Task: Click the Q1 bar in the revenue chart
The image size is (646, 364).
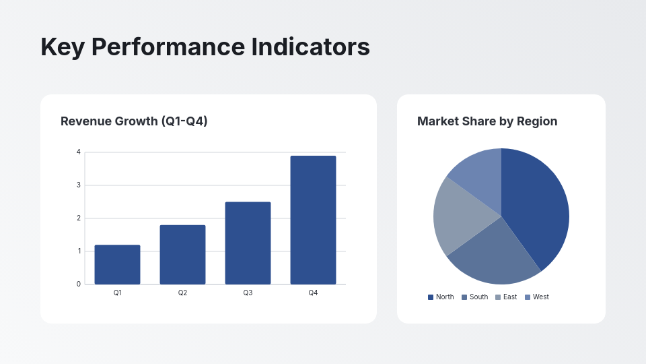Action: point(117,264)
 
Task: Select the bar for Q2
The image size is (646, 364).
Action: point(182,254)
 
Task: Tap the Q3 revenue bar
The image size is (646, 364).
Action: point(248,243)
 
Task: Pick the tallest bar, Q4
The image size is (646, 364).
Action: point(313,220)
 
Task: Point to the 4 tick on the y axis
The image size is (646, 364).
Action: point(79,152)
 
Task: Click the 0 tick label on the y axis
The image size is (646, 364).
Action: point(79,284)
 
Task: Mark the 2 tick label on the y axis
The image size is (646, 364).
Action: point(79,218)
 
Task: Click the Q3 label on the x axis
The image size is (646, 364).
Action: point(248,293)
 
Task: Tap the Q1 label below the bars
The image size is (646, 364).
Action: point(117,293)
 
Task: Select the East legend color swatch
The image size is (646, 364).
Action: point(498,297)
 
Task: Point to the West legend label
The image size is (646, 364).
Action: point(541,297)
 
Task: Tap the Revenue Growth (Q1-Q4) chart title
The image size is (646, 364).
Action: point(134,121)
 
